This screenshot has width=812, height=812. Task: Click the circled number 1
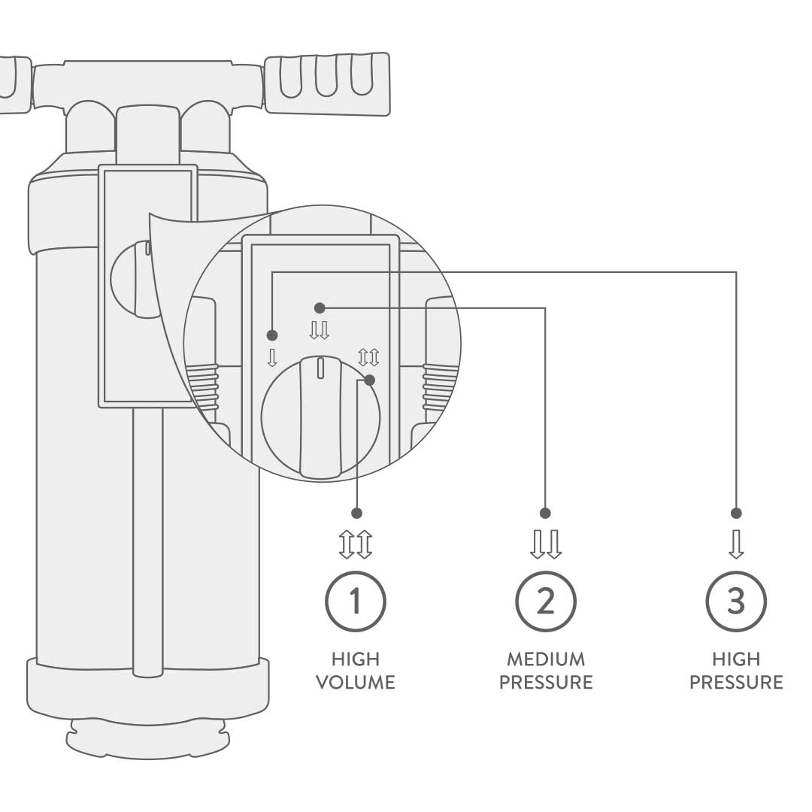click(x=355, y=601)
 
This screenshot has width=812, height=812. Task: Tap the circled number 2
click(x=545, y=601)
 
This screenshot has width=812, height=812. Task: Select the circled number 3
click(x=736, y=601)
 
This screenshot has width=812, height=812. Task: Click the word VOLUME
click(x=355, y=682)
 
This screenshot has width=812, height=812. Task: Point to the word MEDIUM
click(x=546, y=659)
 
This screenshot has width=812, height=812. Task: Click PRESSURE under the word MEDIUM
click(x=546, y=682)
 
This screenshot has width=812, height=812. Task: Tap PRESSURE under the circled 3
click(x=736, y=682)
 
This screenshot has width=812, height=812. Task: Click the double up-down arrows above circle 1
click(x=355, y=544)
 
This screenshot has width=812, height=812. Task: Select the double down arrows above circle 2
click(x=545, y=544)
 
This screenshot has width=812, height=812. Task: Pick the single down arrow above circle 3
click(x=736, y=544)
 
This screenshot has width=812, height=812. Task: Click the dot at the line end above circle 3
click(x=736, y=514)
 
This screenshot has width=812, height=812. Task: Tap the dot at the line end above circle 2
click(x=545, y=514)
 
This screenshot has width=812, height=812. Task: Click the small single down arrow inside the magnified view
click(x=272, y=358)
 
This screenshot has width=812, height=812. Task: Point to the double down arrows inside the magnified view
click(x=319, y=330)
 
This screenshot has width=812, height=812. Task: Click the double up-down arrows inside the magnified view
click(x=368, y=357)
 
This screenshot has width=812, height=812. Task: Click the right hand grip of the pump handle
click(x=327, y=83)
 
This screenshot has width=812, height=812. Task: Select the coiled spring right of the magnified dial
click(x=440, y=387)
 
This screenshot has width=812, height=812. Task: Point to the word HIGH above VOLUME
click(x=355, y=659)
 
